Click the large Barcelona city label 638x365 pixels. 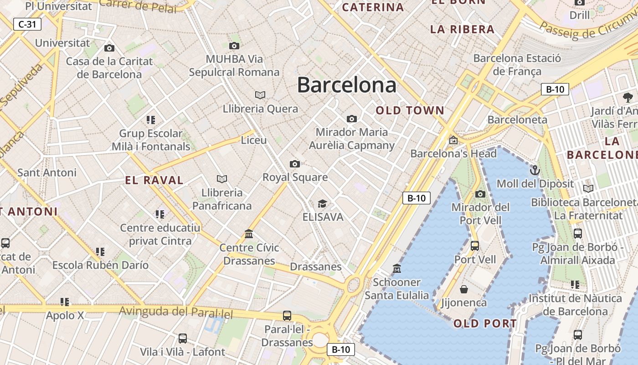coord(346,85)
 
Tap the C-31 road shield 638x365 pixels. coord(27,24)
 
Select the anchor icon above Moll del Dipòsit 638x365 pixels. coord(535,171)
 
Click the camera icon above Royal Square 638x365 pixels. coord(295,164)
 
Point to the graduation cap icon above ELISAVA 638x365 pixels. coord(322,203)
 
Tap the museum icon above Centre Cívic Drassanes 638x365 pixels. coord(249,234)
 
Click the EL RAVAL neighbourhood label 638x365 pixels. coord(154,180)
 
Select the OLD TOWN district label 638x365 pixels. coord(410,110)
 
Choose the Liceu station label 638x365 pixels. coord(254,140)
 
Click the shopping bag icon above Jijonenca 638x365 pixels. coord(463,289)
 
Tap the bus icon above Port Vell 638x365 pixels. coord(474,246)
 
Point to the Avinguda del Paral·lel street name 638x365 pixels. coord(176,313)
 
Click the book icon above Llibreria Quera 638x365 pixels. coord(260,95)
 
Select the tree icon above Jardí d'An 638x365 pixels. coord(628,97)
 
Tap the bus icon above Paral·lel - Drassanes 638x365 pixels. coord(287,315)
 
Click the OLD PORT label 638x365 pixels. coord(485,324)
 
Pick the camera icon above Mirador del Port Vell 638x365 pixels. coord(480,194)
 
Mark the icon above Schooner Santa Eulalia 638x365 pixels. coord(396,268)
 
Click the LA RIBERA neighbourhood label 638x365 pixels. coord(462,30)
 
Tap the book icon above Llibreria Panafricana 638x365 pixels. coord(222,179)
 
